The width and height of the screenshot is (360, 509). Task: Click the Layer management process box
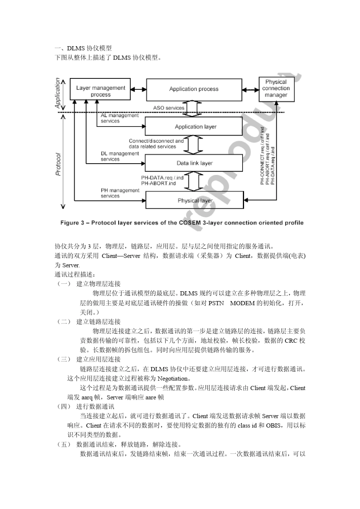[x=100, y=91]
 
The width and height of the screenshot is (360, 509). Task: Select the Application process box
[x=194, y=89]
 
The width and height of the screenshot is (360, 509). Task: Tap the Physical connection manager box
[x=276, y=89]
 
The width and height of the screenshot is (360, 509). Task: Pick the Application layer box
[x=194, y=126]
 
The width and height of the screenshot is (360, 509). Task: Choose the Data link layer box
[x=194, y=163]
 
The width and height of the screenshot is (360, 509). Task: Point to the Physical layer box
[x=194, y=200]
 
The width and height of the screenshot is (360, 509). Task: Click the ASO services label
[x=168, y=108]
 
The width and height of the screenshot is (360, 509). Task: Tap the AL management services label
[x=119, y=118]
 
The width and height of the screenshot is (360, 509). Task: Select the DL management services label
[x=119, y=156]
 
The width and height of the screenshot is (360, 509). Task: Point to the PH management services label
[x=119, y=193]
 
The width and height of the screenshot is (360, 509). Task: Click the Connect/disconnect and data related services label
[x=156, y=144]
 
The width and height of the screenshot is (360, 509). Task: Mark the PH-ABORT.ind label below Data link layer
[x=158, y=183]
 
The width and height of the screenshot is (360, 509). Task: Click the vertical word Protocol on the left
[x=58, y=164]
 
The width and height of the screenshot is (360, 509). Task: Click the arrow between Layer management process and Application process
[x=138, y=89]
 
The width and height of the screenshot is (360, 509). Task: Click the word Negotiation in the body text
[x=173, y=378]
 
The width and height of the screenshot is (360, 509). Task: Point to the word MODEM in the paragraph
[x=242, y=303]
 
